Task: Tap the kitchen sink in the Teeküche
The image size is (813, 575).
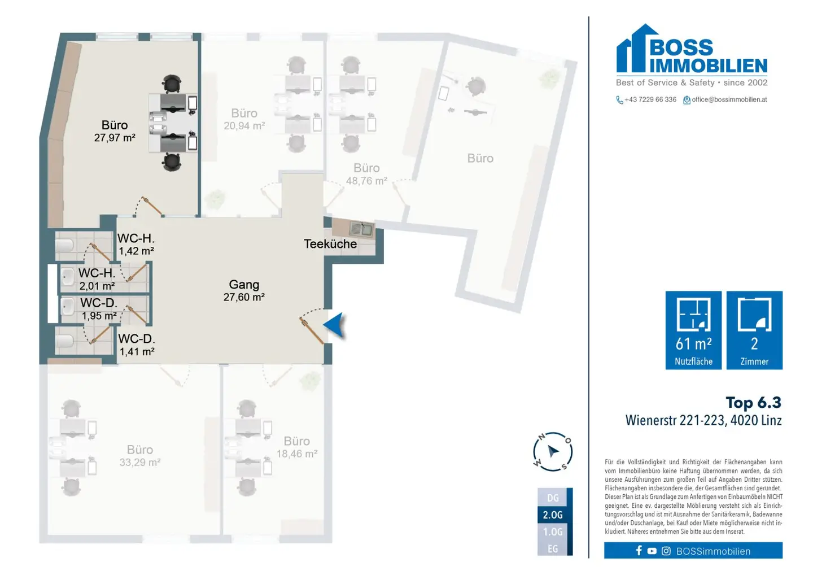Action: [x=361, y=229]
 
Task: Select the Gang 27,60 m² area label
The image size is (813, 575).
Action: [x=244, y=290]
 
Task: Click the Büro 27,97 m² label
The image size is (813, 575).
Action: [x=115, y=131]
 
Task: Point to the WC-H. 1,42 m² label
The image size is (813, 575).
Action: [x=136, y=245]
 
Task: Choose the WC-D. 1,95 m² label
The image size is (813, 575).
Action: [x=99, y=309]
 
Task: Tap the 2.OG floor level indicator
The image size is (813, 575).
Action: [x=553, y=515]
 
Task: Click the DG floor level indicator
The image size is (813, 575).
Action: [x=553, y=498]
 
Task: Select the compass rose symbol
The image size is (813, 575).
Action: [x=553, y=452]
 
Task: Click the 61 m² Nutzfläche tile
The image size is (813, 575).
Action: [x=693, y=330]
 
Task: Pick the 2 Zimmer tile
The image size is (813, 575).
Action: [x=754, y=330]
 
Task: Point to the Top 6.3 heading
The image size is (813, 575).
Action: [x=754, y=403]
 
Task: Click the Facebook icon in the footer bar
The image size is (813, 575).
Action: [x=639, y=551]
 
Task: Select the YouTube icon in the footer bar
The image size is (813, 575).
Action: [x=652, y=551]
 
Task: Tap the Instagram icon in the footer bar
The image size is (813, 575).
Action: [x=666, y=551]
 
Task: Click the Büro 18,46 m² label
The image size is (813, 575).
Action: [x=297, y=447]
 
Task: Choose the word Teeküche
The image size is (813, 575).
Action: [x=330, y=244]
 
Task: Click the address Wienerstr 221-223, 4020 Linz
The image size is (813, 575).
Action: [x=703, y=420]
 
